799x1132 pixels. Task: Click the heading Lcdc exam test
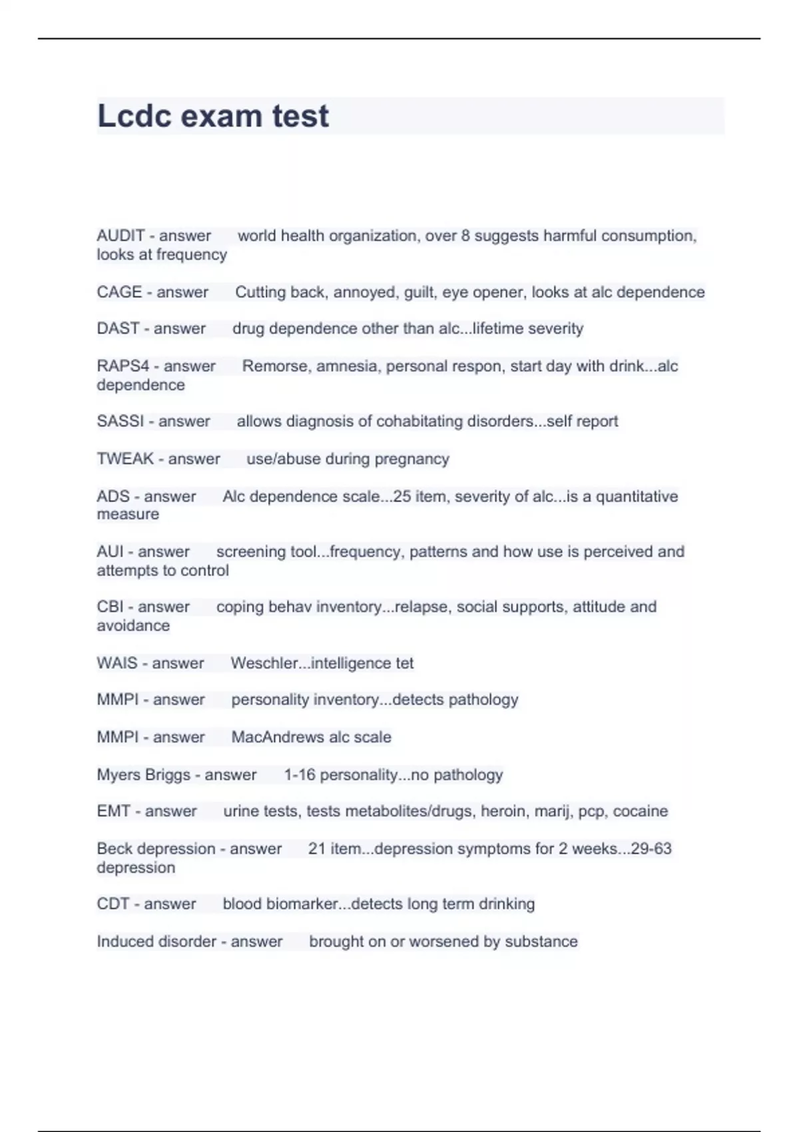click(213, 116)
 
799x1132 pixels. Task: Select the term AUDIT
click(121, 236)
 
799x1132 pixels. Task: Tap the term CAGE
click(119, 292)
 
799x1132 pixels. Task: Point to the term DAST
click(118, 328)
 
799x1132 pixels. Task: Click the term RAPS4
click(123, 366)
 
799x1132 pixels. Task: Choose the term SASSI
click(120, 422)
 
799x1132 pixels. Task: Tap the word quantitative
click(637, 497)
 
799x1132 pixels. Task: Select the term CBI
click(110, 607)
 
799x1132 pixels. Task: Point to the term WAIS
click(117, 663)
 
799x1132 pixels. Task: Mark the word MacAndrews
click(279, 737)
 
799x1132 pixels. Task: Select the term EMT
click(113, 811)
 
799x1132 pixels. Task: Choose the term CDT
click(113, 904)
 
